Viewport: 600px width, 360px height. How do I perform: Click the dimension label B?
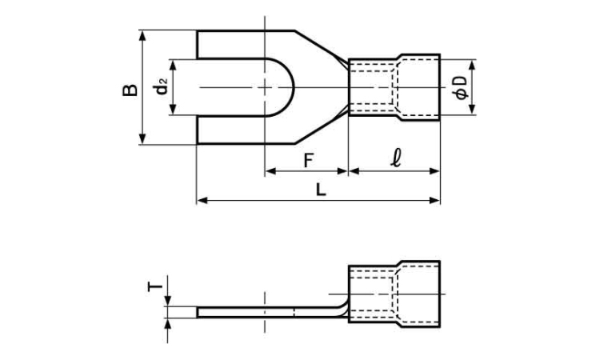[130, 89]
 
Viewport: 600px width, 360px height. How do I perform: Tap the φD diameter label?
[461, 88]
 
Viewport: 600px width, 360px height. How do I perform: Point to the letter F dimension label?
[309, 161]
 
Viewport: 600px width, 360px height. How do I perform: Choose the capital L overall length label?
[321, 190]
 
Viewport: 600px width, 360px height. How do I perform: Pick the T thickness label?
[155, 286]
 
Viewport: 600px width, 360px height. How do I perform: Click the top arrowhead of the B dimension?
[142, 36]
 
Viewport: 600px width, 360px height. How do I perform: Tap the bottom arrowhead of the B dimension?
[142, 138]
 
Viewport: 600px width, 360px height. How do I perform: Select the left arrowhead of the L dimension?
[202, 200]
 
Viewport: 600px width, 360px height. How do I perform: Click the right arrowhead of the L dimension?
[434, 200]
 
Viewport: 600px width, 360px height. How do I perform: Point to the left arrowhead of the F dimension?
[270, 171]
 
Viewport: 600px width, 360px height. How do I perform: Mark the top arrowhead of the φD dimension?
[472, 66]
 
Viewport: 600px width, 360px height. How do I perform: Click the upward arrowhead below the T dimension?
[168, 323]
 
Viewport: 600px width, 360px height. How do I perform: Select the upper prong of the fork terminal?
[245, 44]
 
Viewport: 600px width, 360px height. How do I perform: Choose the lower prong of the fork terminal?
[245, 130]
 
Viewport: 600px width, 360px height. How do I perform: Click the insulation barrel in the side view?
[394, 294]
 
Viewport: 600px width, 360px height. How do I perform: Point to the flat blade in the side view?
[268, 312]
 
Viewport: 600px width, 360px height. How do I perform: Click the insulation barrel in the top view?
[394, 88]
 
